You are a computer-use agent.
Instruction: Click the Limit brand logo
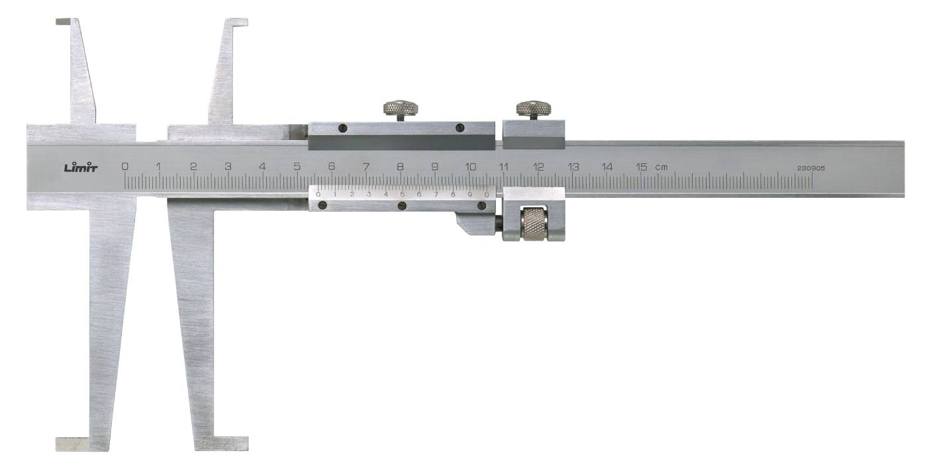(81, 167)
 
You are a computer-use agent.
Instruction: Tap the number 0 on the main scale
(124, 167)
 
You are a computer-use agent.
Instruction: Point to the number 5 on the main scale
(297, 167)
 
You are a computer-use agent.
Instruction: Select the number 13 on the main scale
(573, 167)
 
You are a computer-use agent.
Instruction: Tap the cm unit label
(661, 167)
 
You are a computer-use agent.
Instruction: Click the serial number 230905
(811, 168)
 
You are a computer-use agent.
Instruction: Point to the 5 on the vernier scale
(402, 194)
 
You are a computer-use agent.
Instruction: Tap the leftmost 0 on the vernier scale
(318, 194)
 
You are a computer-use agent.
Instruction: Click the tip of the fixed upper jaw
(64, 22)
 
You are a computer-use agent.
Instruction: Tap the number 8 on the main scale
(400, 167)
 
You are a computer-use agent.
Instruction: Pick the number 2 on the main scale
(193, 167)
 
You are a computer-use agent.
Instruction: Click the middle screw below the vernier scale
(402, 206)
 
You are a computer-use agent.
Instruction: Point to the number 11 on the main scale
(504, 167)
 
